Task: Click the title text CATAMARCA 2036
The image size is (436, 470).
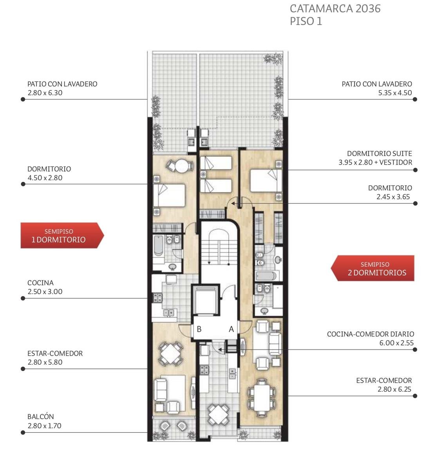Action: point(335,9)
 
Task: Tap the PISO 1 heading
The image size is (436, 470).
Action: point(306,21)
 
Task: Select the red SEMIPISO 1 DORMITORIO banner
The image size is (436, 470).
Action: point(62,235)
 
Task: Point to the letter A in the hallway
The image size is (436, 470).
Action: point(231,329)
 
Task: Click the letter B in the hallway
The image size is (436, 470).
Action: point(199,329)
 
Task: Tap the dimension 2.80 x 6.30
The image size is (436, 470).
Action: point(45,93)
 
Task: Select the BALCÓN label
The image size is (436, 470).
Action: point(41,416)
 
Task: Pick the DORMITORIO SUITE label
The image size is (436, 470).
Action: point(380,154)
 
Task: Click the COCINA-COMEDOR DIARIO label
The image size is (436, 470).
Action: point(371,334)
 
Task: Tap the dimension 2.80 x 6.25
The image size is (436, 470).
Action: point(394,389)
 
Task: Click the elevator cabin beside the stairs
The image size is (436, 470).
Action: point(206,300)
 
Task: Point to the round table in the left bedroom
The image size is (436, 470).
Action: point(181,166)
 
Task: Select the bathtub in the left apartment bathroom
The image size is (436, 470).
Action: point(158,246)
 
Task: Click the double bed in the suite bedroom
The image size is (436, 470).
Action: point(266,180)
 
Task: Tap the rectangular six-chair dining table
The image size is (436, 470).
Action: point(262,398)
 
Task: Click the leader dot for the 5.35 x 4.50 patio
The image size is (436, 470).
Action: point(415,99)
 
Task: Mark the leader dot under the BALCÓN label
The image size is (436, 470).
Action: point(23,433)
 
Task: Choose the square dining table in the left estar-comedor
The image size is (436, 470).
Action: point(170,354)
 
